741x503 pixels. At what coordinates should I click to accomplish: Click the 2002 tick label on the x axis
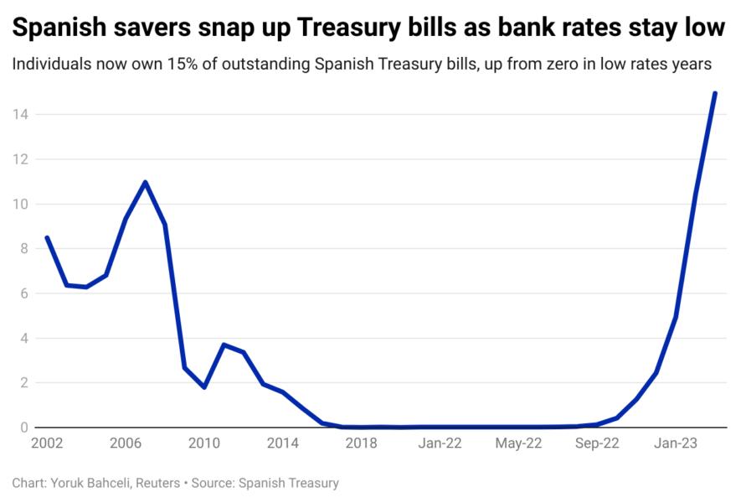point(46,443)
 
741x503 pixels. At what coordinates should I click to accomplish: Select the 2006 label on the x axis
point(125,443)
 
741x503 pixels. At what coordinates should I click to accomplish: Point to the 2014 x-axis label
point(282,443)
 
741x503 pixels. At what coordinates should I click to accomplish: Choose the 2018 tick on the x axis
point(361,443)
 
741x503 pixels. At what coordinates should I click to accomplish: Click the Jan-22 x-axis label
point(440,443)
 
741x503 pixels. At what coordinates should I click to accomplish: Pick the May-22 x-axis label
point(518,443)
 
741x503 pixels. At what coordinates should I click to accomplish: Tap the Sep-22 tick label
point(597,443)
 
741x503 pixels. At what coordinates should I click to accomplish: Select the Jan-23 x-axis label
point(676,443)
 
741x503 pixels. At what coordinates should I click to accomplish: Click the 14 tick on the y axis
point(19,114)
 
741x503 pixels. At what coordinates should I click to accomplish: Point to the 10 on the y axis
point(19,204)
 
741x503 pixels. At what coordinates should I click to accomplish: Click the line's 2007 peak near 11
point(145,182)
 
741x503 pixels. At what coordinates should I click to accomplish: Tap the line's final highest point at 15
point(715,93)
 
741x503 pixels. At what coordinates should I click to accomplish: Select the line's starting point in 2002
point(47,237)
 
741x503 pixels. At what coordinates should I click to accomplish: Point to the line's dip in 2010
point(204,387)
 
